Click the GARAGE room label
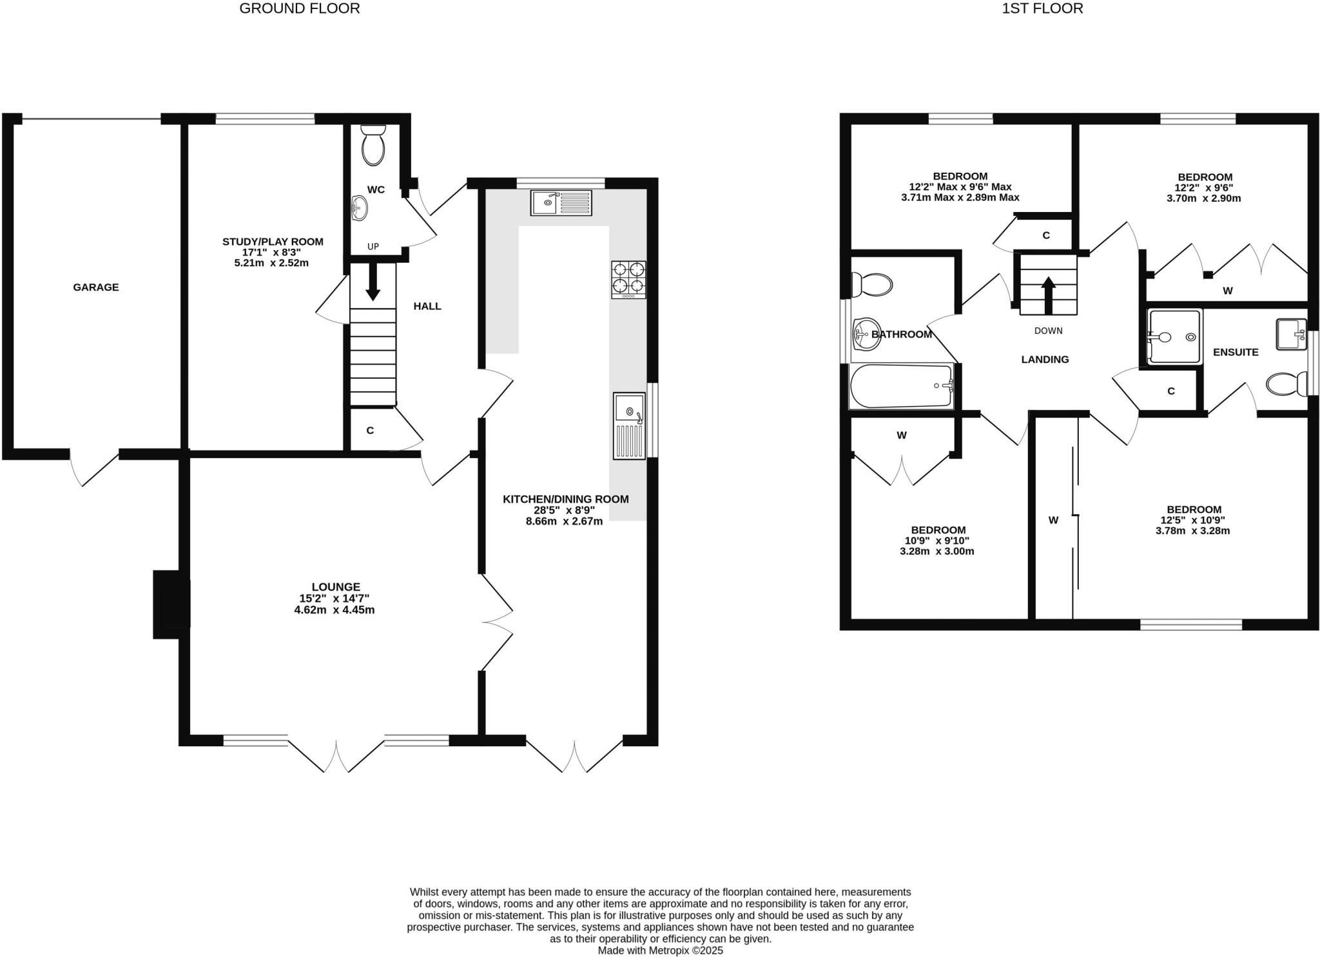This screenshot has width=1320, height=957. (95, 287)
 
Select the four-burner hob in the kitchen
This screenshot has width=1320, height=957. (628, 279)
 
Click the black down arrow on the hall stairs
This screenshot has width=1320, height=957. (373, 282)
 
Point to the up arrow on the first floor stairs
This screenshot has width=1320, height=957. (1048, 295)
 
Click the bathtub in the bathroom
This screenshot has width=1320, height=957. (901, 385)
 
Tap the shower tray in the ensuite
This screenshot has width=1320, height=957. (1176, 336)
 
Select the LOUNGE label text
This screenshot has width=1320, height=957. (335, 587)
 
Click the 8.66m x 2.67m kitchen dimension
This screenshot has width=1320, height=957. (564, 521)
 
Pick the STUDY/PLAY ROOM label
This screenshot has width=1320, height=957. (273, 242)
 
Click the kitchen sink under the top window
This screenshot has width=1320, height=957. (561, 202)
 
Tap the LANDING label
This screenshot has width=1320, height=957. (1045, 360)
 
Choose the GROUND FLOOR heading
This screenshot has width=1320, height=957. (299, 8)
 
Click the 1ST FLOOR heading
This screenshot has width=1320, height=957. (1042, 8)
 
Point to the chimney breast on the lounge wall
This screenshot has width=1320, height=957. (171, 604)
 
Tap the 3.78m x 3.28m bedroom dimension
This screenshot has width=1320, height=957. (1192, 531)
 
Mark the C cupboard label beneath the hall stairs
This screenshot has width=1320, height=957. (370, 430)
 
